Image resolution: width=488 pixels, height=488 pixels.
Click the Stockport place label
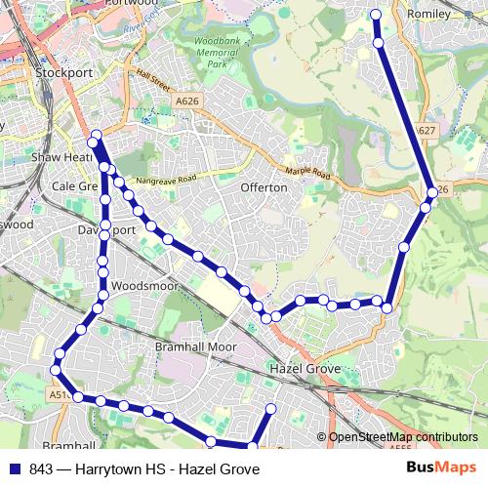pyautogui.click(x=63, y=72)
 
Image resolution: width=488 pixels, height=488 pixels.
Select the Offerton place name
pyautogui.click(x=264, y=186)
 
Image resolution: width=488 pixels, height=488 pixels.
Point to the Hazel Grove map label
pyautogui.click(x=305, y=369)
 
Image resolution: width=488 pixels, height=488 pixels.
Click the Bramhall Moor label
pyautogui.click(x=196, y=346)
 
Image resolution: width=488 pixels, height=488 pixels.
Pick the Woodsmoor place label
pyautogui.click(x=144, y=286)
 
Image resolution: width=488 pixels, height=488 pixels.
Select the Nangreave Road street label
pyautogui.click(x=167, y=180)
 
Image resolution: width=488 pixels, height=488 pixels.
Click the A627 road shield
pyautogui.click(x=425, y=129)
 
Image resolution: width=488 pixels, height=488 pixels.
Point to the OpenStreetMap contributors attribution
pyautogui.click(x=402, y=438)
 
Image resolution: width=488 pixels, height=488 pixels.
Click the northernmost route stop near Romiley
pyautogui.click(x=377, y=15)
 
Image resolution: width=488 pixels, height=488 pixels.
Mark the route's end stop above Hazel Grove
pyautogui.click(x=271, y=408)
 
